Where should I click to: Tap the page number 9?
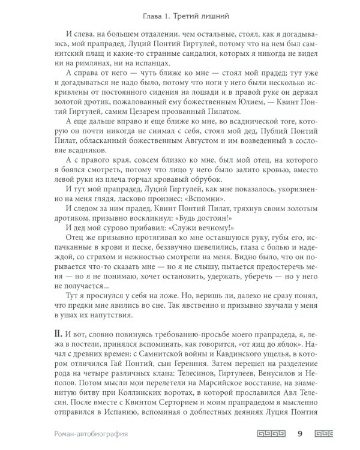click(x=299, y=431)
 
